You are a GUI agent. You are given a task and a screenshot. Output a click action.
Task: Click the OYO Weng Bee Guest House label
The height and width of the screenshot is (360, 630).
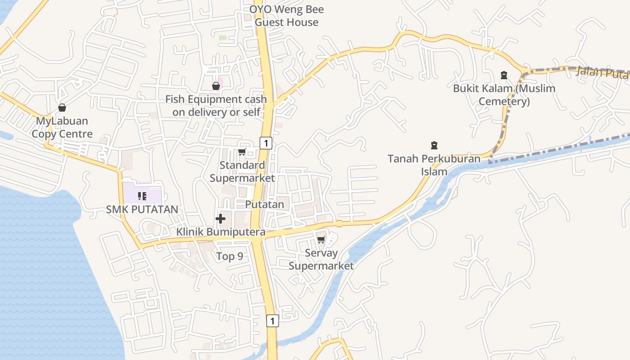tap(287, 16)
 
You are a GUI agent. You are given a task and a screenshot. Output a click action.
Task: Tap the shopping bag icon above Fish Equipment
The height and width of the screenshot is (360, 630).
tap(216, 85)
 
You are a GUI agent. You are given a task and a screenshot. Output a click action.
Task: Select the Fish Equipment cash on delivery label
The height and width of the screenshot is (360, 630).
tap(216, 106)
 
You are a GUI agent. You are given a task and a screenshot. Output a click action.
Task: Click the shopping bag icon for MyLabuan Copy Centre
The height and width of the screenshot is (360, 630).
tap(62, 108)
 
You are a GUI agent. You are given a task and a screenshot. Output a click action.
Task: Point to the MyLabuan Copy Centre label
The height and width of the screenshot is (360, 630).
tap(62, 127)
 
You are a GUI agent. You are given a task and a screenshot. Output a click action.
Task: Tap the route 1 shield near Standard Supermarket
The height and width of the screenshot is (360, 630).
tap(266, 143)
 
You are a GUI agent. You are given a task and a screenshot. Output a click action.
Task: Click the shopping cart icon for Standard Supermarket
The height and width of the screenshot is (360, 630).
tap(242, 152)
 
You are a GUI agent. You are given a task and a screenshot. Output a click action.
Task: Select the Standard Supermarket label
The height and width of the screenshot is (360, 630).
tap(242, 171)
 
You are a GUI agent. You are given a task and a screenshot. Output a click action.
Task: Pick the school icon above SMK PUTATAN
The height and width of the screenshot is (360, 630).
tap(142, 196)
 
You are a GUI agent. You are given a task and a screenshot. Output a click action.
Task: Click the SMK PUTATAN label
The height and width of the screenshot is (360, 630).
tap(142, 209)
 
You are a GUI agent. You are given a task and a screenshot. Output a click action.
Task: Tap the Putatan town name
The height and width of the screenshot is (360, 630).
tap(265, 204)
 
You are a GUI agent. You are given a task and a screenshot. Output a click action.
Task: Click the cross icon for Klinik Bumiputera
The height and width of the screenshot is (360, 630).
tap(220, 219)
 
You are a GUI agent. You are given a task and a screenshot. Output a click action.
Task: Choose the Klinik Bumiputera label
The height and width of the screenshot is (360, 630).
tap(220, 232)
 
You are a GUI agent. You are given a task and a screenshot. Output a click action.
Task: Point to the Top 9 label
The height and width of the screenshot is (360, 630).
tap(229, 256)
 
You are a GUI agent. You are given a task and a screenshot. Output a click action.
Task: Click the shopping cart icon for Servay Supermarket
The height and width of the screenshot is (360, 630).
tap(321, 239)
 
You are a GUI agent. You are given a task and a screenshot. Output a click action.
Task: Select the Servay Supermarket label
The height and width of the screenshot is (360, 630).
tap(321, 259)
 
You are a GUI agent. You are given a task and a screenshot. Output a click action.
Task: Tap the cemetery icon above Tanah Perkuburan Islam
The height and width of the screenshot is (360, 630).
tap(434, 145)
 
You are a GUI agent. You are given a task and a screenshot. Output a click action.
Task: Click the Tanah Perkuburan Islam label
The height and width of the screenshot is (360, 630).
tap(434, 165)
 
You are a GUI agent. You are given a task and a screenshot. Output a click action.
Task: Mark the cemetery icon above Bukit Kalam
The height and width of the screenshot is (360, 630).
tap(504, 75)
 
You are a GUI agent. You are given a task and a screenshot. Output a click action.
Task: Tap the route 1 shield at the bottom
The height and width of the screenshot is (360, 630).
tap(272, 320)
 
